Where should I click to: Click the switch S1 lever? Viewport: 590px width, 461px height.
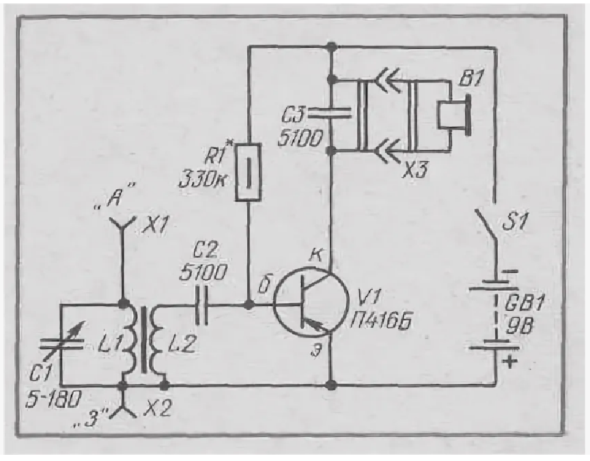(x=486, y=228)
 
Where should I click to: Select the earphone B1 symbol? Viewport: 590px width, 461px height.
(x=453, y=114)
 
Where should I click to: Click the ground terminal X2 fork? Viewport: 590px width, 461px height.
(x=122, y=407)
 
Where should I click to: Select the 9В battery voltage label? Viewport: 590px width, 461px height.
(x=518, y=326)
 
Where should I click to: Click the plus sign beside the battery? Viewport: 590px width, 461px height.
(x=510, y=363)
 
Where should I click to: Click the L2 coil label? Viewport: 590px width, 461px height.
(x=182, y=343)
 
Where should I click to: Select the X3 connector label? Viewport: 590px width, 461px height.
(x=415, y=171)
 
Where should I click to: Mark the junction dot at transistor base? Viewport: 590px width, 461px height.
(x=248, y=304)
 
